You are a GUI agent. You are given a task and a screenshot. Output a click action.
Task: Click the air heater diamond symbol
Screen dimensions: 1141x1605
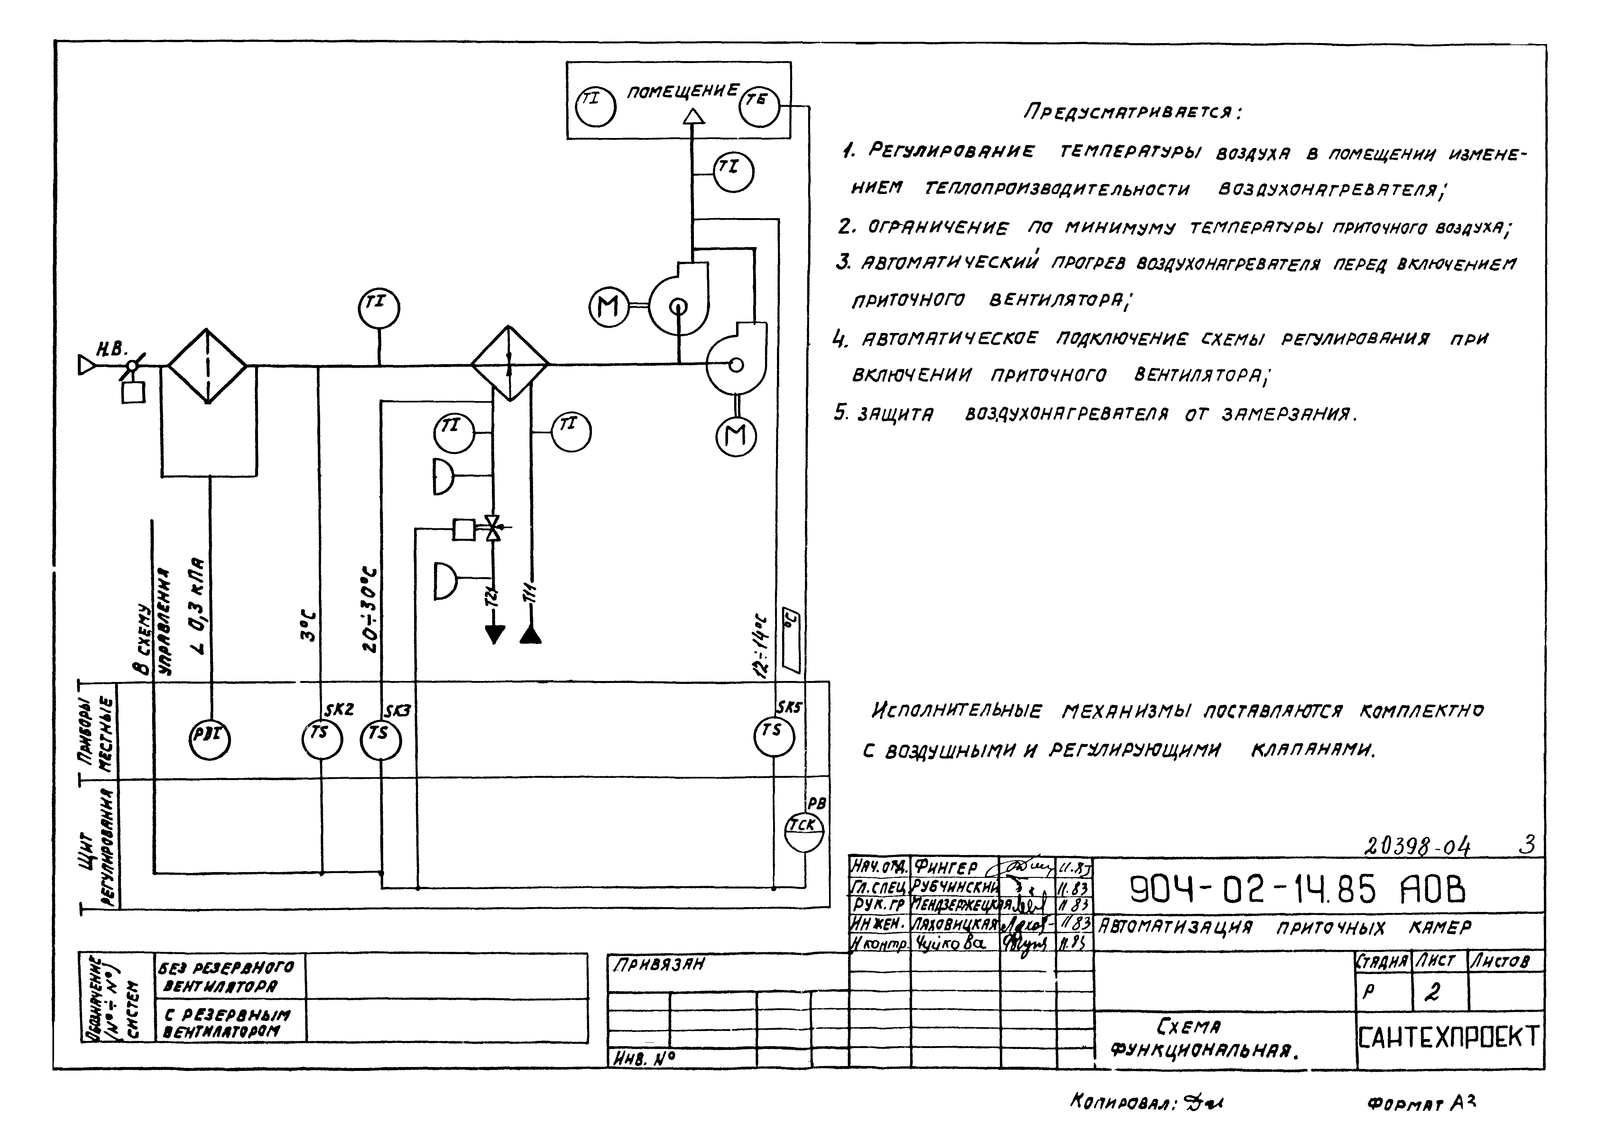[x=509, y=365]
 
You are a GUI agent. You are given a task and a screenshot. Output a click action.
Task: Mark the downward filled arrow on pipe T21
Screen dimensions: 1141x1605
[x=495, y=634]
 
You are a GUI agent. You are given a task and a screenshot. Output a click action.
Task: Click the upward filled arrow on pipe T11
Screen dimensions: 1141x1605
[x=530, y=634]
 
